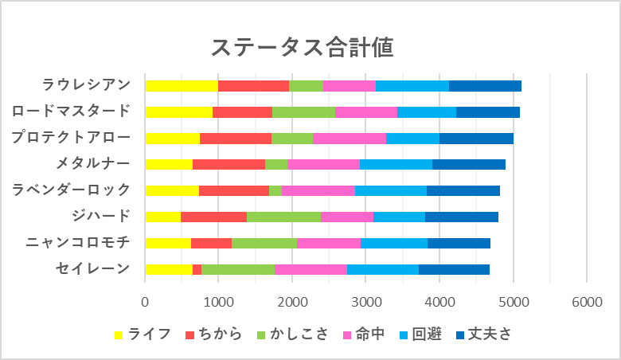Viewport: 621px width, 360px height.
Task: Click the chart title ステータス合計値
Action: point(303,47)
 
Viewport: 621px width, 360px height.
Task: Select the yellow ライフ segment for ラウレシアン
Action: point(182,86)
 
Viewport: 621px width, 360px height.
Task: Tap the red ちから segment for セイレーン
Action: point(197,269)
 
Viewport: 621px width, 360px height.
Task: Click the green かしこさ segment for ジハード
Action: point(283,217)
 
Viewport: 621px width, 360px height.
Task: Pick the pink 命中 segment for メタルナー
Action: point(323,164)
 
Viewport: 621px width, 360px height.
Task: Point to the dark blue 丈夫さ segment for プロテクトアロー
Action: point(476,139)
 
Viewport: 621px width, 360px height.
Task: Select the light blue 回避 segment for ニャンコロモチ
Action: point(394,243)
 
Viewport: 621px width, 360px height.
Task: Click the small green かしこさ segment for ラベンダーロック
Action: point(275,190)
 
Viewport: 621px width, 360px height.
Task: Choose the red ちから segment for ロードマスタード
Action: point(242,112)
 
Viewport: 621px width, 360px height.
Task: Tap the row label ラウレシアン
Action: point(86,85)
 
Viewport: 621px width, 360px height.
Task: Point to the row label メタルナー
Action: point(92,163)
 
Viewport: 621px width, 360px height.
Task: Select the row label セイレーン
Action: point(92,268)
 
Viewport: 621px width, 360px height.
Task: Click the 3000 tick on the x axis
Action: point(365,301)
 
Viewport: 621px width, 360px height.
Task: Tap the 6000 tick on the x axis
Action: point(587,301)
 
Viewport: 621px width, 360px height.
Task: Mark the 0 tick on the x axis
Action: point(145,301)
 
